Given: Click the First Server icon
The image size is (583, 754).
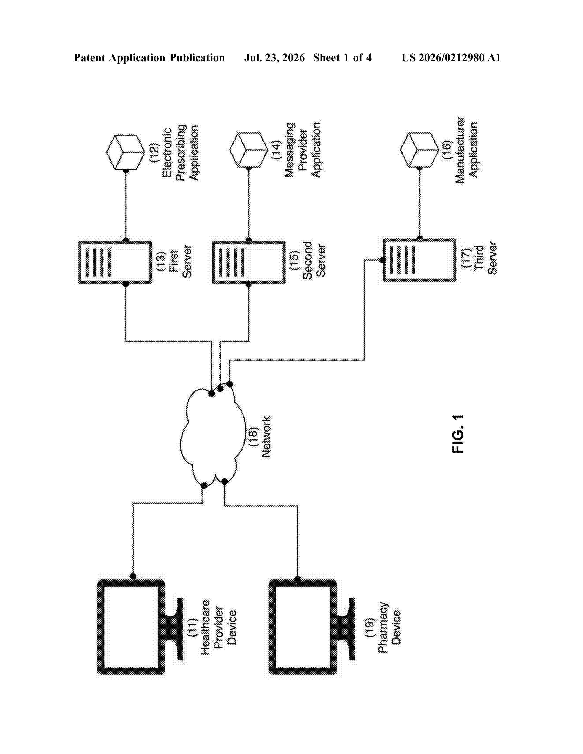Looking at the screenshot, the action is [115, 262].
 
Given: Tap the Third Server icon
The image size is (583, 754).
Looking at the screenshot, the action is [419, 260].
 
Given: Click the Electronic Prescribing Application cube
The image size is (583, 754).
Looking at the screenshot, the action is [125, 152].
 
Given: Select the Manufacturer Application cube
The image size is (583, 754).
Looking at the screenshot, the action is [420, 149].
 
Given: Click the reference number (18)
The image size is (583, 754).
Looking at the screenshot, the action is [254, 437].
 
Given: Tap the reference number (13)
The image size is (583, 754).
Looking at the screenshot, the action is [161, 262].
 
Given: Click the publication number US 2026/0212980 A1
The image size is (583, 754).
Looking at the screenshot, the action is [451, 58].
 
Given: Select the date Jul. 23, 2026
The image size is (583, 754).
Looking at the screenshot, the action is [275, 58].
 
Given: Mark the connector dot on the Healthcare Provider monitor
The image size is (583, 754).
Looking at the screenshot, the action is [133, 576].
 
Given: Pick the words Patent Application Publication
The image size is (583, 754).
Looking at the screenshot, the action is [149, 58].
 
